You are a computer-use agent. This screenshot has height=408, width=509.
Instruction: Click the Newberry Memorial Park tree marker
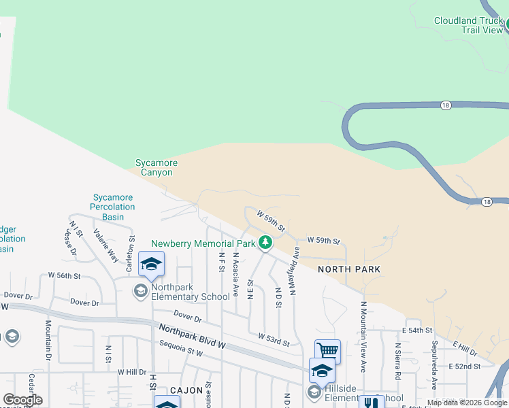click(x=265, y=243)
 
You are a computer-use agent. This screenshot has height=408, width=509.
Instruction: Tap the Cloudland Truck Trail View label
click(x=468, y=25)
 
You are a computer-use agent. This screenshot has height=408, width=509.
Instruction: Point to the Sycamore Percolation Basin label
click(x=114, y=207)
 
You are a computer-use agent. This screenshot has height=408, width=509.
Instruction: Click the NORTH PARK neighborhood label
click(x=348, y=269)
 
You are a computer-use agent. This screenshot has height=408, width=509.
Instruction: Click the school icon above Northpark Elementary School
click(x=151, y=265)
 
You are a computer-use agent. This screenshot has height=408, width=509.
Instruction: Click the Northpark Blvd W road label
click(x=193, y=337)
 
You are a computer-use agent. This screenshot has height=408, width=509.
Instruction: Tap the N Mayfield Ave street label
click(x=295, y=271)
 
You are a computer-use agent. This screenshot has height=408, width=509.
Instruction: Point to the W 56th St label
click(x=64, y=275)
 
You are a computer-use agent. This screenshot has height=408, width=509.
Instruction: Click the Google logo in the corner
click(x=22, y=400)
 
